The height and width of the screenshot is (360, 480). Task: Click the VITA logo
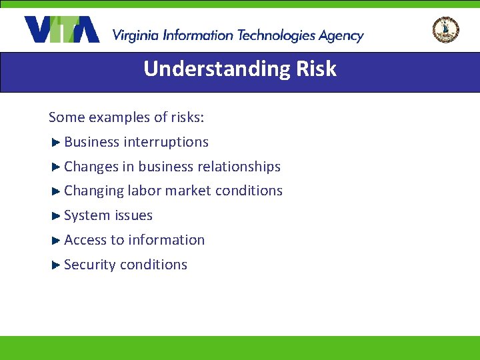(61, 29)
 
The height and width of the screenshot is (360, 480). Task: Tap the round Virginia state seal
(445, 30)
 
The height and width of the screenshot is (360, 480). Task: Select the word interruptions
(166, 142)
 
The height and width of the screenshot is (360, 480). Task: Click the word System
(87, 215)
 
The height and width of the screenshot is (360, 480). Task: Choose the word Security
(90, 265)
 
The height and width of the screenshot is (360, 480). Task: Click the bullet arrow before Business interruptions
(56, 142)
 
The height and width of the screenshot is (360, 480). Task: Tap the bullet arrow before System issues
(56, 215)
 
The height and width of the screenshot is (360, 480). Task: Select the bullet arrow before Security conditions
(56, 265)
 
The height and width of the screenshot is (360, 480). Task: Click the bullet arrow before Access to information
(56, 240)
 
